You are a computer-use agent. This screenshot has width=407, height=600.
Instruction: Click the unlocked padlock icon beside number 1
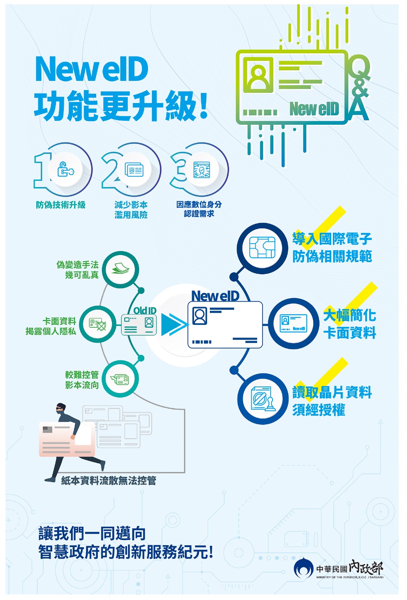click(x=65, y=169)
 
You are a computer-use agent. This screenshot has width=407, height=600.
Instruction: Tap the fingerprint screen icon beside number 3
click(x=202, y=170)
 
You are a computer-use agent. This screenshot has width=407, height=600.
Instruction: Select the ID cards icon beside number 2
click(x=134, y=170)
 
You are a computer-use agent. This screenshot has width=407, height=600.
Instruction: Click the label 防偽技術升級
click(x=61, y=205)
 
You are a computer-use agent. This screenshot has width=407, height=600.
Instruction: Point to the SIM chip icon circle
click(x=262, y=248)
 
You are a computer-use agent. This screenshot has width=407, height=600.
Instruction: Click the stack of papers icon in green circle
click(x=120, y=269)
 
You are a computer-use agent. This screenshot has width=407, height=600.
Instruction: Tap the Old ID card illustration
click(x=138, y=324)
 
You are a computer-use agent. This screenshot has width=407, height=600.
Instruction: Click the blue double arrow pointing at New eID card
click(x=174, y=324)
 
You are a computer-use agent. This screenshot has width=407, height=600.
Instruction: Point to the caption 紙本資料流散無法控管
click(x=108, y=480)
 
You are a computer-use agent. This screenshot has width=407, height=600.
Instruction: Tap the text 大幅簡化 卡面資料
click(x=350, y=323)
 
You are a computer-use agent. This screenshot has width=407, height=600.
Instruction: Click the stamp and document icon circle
click(x=262, y=399)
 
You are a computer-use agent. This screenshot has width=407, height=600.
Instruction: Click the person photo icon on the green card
click(x=258, y=75)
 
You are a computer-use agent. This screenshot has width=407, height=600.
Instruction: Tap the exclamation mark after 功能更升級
click(x=204, y=106)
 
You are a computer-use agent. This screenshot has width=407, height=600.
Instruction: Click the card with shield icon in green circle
click(x=98, y=324)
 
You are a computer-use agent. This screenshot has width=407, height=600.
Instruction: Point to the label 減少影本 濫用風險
click(x=131, y=210)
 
